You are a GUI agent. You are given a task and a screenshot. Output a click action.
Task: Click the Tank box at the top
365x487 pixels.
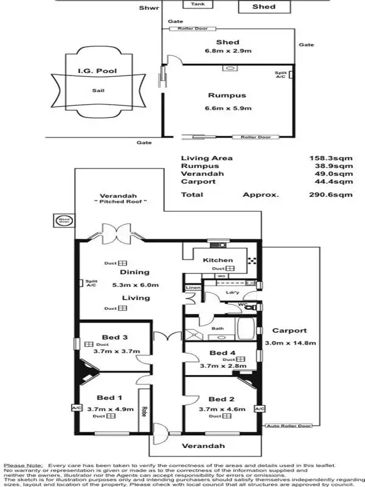(x=198, y=4)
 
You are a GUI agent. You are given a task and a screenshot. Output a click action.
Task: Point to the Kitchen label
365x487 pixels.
(x=217, y=260)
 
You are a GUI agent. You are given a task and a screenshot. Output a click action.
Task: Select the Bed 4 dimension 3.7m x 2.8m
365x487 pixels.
(x=223, y=366)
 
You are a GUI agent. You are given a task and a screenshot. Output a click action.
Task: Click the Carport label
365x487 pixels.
(x=290, y=331)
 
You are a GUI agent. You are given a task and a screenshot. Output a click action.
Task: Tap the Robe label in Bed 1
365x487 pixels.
(x=144, y=413)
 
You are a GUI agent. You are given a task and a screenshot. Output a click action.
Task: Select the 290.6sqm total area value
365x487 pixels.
(x=331, y=195)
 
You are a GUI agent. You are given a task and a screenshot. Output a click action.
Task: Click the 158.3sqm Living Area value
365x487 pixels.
(x=331, y=158)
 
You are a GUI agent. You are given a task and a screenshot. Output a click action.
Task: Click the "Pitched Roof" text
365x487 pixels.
(x=122, y=201)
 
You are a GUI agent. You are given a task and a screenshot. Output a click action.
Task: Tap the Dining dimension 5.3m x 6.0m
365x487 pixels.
(x=135, y=284)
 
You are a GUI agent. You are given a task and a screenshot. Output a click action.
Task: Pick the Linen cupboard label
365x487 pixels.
(x=193, y=287)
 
